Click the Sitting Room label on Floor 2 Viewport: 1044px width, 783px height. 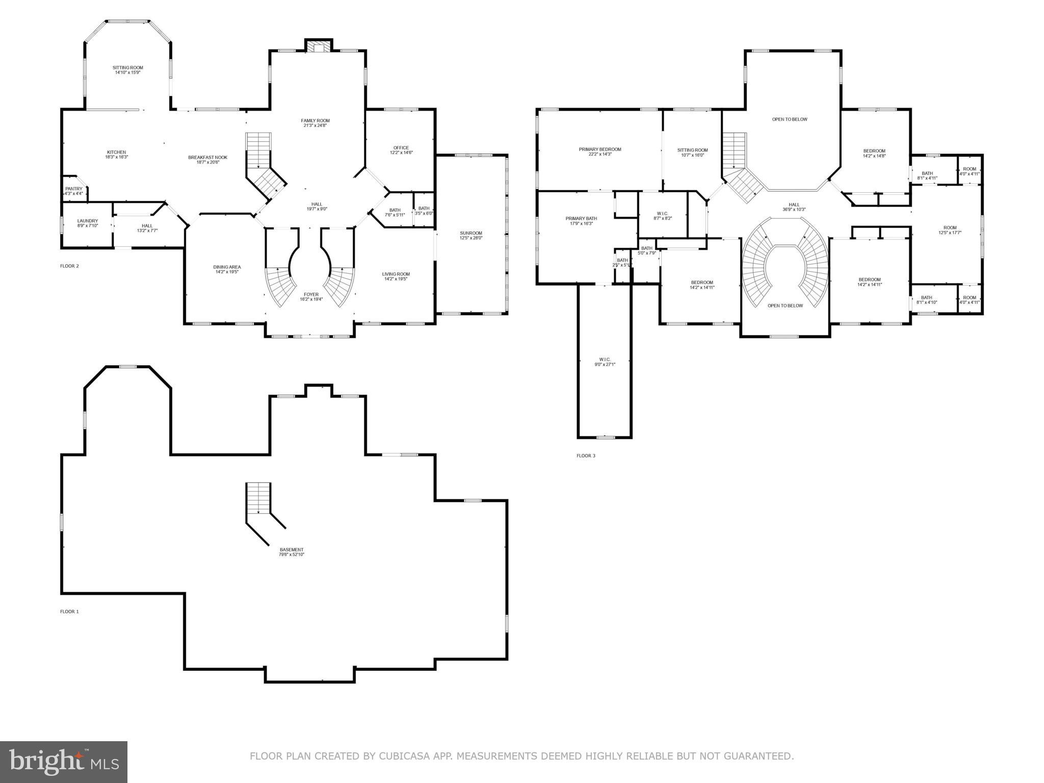click(x=127, y=68)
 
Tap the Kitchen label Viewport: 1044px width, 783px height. click(x=116, y=152)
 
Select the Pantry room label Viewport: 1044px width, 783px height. click(x=73, y=189)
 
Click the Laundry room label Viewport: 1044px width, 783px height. click(x=87, y=221)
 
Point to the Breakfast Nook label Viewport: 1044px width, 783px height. click(x=207, y=158)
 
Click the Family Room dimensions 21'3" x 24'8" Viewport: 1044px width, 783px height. click(x=315, y=125)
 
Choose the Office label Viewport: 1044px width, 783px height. click(x=401, y=148)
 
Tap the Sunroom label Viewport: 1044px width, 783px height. click(x=471, y=233)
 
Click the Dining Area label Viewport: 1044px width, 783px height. click(x=227, y=267)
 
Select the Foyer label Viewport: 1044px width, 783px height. click(x=311, y=295)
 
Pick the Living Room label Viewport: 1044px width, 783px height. click(x=396, y=274)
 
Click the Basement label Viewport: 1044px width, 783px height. click(x=291, y=550)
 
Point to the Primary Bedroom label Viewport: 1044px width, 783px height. click(x=600, y=149)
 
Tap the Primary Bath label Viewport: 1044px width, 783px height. click(x=581, y=219)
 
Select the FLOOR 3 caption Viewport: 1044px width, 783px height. click(x=586, y=456)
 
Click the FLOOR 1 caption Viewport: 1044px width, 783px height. click(x=69, y=611)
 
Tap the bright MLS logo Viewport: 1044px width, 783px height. click(x=64, y=762)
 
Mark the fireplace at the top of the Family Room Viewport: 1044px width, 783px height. click(x=319, y=46)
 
